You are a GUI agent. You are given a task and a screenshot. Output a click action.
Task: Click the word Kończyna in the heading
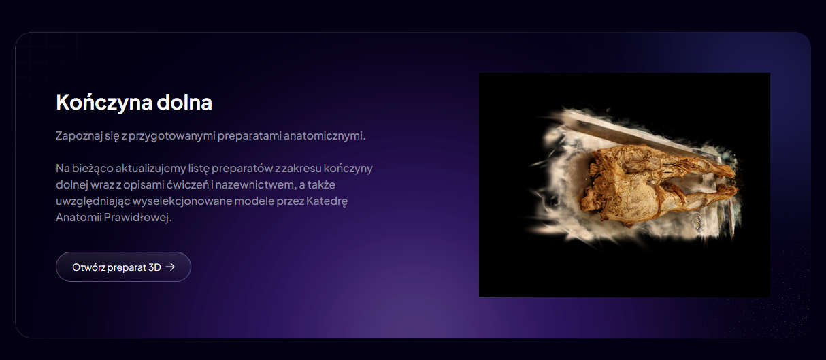point(104,102)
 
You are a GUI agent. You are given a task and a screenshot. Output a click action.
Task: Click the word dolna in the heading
point(184,102)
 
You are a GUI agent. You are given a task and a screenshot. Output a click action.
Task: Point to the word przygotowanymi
point(172,135)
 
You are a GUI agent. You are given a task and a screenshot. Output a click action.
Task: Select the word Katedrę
point(327,201)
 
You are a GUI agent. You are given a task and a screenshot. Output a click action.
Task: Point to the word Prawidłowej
point(138,217)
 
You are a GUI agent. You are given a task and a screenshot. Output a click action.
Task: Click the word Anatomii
point(78,217)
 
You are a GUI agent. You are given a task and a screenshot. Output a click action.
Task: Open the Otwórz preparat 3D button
point(124,267)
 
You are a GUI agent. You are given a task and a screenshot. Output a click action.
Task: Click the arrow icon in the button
point(170,267)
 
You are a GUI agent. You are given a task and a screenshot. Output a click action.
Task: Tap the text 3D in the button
point(154,267)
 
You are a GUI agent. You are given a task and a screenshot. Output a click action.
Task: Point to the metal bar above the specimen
point(642,137)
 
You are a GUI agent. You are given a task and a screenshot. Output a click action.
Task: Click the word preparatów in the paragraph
point(242,169)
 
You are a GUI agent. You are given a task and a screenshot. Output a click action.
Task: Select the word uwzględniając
point(93,201)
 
